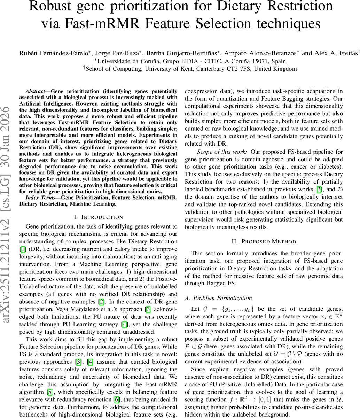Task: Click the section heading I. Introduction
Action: tap(99, 217)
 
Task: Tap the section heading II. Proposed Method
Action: tap(264, 241)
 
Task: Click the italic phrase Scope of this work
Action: tap(222, 152)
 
